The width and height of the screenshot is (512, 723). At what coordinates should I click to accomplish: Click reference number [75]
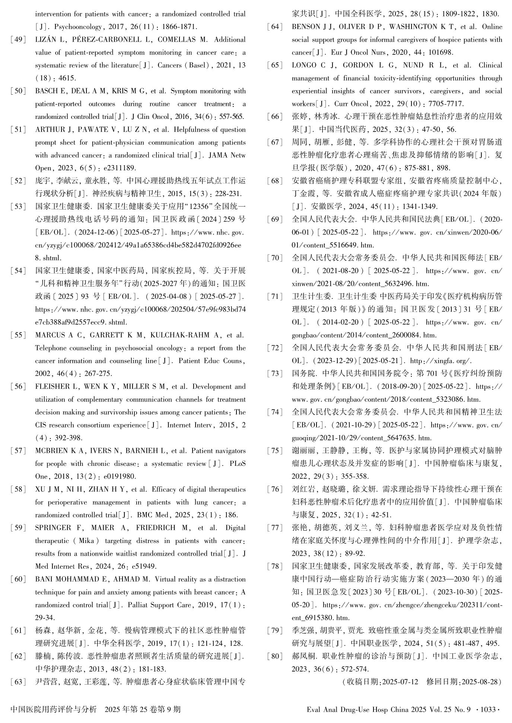pyautogui.click(x=275, y=451)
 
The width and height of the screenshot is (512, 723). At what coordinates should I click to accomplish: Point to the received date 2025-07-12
pyautogui.click(x=400, y=682)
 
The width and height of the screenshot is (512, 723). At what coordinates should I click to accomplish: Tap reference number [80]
pyautogui.click(x=275, y=656)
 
